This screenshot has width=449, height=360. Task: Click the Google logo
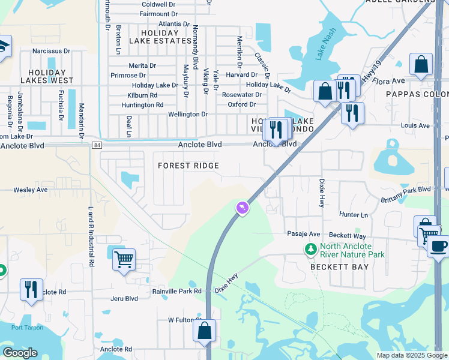(20, 353)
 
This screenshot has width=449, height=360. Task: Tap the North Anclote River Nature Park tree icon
(310, 248)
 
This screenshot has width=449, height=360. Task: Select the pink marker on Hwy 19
(241, 208)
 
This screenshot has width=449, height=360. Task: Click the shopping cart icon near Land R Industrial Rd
(123, 260)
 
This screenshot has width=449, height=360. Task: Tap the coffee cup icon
(438, 245)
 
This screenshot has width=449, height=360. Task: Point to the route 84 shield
(97, 145)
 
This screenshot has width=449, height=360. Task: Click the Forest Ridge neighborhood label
(188, 166)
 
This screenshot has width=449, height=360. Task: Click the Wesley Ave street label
(31, 190)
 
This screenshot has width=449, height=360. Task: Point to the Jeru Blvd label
(124, 298)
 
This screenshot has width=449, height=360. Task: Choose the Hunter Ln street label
(353, 215)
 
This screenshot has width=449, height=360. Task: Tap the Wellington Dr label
(188, 114)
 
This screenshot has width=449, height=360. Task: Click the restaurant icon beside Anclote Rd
(31, 289)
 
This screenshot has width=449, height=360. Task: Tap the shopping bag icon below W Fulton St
(204, 331)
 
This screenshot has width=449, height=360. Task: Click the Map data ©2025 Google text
(411, 355)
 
